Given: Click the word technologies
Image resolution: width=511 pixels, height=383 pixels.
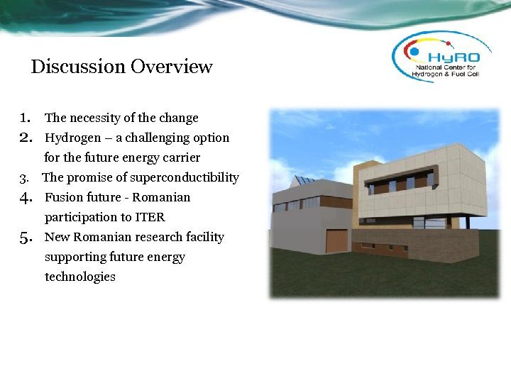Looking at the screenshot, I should pyautogui.click(x=79, y=277).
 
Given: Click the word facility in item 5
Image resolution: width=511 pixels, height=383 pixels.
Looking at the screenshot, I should pyautogui.click(x=204, y=237).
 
